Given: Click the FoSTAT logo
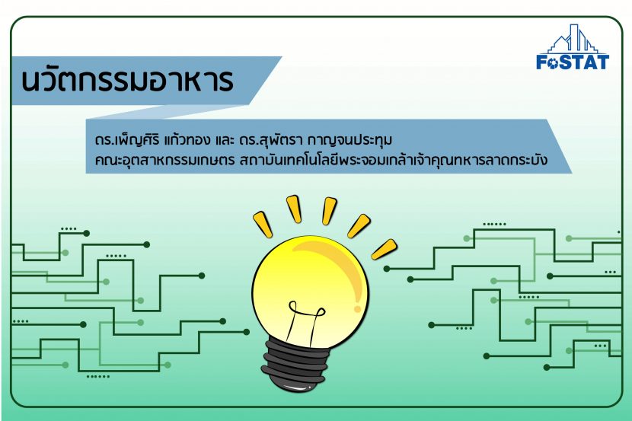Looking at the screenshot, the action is click(573, 47).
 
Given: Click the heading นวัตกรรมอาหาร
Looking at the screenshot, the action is click(127, 79).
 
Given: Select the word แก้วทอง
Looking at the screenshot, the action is click(187, 140).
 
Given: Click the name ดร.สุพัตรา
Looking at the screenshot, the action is click(271, 141).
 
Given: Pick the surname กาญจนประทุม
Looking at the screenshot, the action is click(350, 141).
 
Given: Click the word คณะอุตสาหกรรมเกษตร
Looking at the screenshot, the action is click(164, 160).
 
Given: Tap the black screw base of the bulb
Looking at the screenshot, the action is click(294, 365).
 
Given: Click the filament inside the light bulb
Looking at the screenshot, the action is click(305, 321).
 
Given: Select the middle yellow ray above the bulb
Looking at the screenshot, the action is click(329, 211).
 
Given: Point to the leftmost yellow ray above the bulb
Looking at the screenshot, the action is click(263, 225).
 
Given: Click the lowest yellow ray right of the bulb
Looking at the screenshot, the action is click(384, 250).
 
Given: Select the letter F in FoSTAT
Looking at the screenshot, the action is click(541, 62).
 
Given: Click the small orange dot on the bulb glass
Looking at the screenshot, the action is click(357, 309).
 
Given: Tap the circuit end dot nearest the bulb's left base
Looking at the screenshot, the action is click(246, 333).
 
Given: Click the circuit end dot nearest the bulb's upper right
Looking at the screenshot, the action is click(387, 269).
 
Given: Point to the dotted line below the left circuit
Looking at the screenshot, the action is click(98, 377).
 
